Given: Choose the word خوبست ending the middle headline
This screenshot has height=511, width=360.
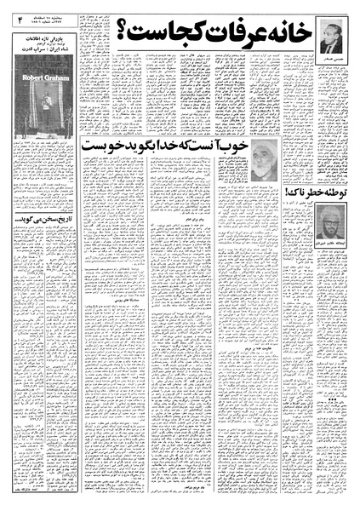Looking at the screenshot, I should pos(122,146).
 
